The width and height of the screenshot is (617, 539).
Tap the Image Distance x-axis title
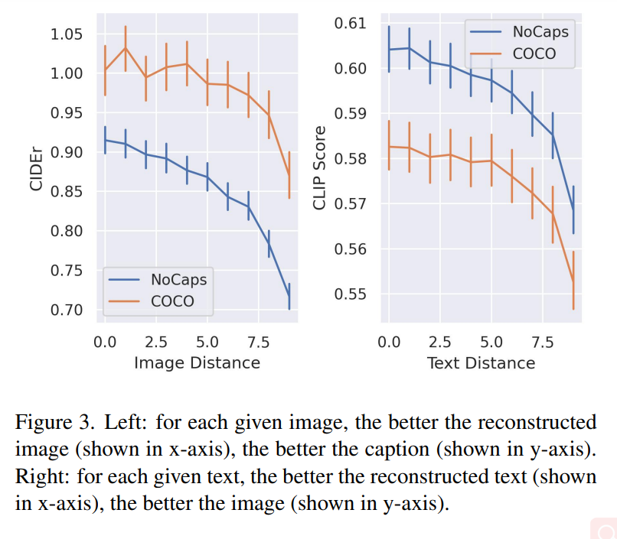(x=197, y=362)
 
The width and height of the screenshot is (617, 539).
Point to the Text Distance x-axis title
(x=481, y=362)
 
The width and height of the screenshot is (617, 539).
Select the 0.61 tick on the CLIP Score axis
(x=351, y=24)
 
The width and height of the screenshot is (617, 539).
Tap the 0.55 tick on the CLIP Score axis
(x=351, y=294)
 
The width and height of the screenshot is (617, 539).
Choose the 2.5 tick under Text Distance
(x=440, y=341)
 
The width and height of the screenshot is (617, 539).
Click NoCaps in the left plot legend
(x=178, y=279)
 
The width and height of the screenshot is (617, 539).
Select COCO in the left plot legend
(x=172, y=301)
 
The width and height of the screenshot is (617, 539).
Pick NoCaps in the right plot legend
(x=540, y=31)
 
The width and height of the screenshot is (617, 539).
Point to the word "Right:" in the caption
(x=39, y=477)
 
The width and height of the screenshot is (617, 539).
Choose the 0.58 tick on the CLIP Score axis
(x=351, y=159)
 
